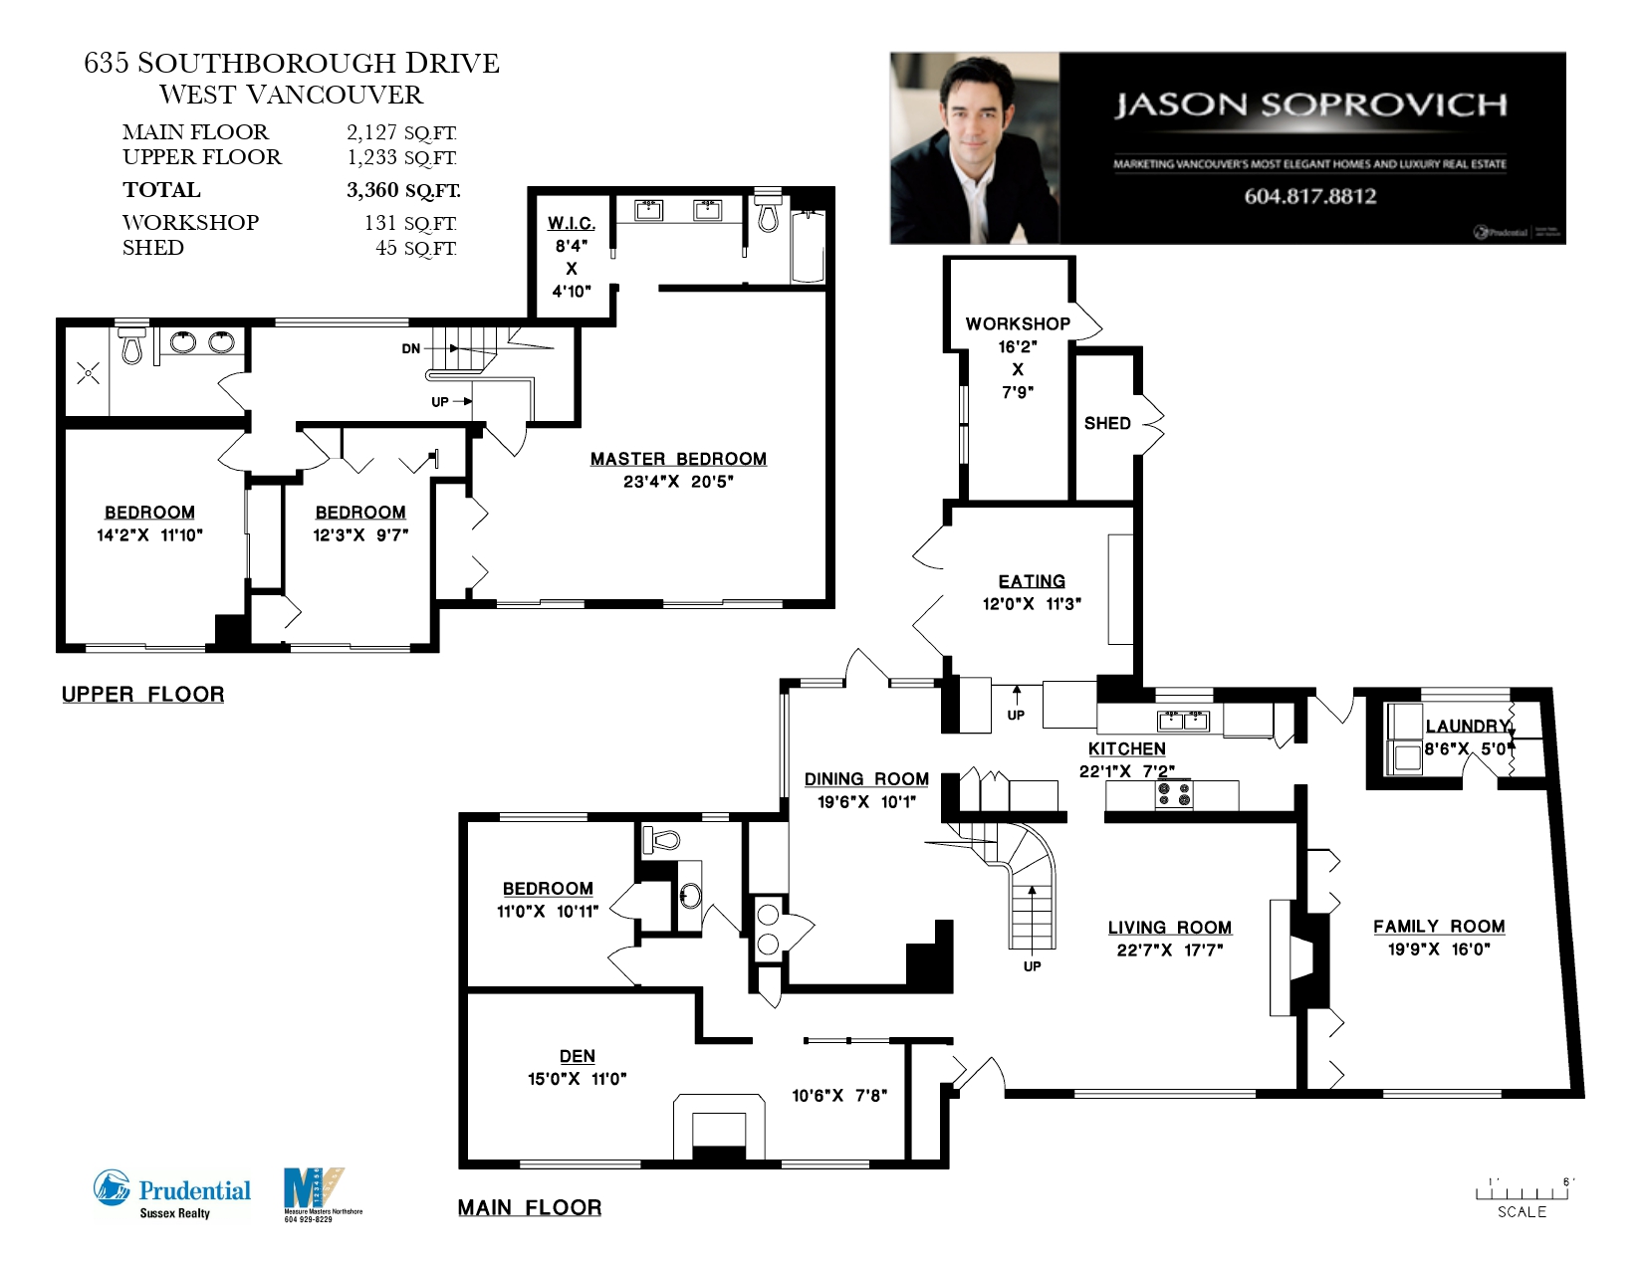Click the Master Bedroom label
[x=678, y=459]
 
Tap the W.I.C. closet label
[x=572, y=224]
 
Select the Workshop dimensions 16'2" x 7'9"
[x=1017, y=369]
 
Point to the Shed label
[x=1107, y=423]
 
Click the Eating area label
[x=1032, y=581]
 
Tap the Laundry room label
[x=1466, y=727]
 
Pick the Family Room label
[x=1439, y=927]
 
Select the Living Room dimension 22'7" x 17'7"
[x=1170, y=951]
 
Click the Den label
[x=578, y=1056]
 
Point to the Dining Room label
[x=866, y=779]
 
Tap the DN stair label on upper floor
[x=411, y=348]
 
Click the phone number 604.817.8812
[x=1310, y=196]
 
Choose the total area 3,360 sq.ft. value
[x=403, y=190]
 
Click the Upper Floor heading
[x=143, y=695]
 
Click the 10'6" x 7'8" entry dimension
[x=839, y=1096]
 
